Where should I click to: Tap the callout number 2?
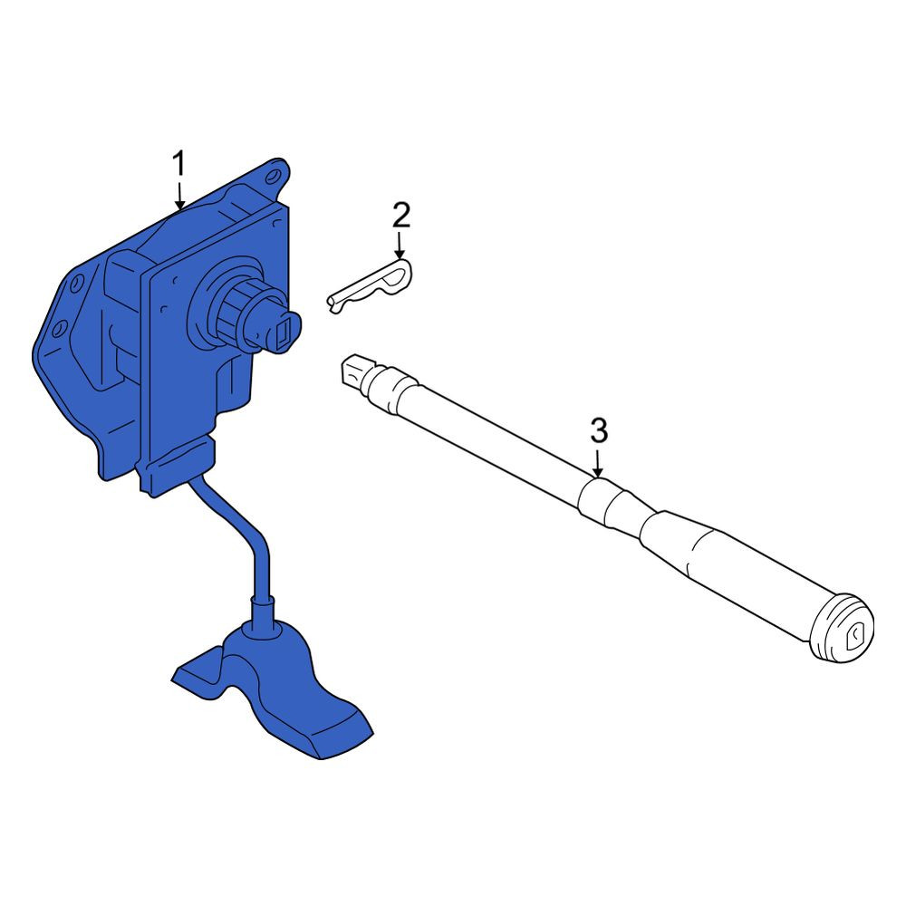(401, 215)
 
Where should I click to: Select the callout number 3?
(599, 431)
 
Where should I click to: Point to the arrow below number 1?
(179, 196)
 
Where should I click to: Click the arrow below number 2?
(400, 245)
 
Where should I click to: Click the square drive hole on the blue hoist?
(283, 336)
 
